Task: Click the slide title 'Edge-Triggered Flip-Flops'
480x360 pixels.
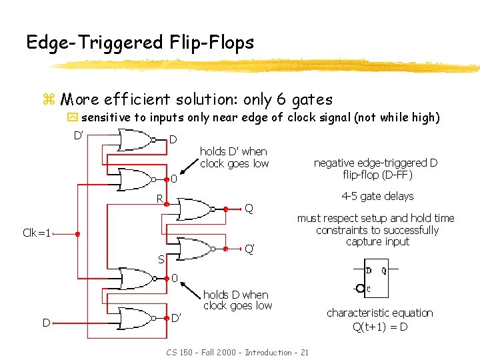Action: point(140,43)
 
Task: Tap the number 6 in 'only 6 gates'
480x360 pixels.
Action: point(281,100)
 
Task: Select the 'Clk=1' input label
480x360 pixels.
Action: point(37,233)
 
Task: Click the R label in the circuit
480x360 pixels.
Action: point(160,198)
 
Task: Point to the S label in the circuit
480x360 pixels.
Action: point(161,259)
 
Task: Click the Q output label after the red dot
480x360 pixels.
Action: point(249,208)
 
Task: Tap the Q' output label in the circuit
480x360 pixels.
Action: point(249,249)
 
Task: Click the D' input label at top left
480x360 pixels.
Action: point(78,136)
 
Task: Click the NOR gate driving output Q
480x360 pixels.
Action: point(194,209)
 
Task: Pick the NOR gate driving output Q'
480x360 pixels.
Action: point(194,249)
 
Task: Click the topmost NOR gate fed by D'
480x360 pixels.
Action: point(135,140)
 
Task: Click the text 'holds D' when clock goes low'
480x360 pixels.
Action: point(234,158)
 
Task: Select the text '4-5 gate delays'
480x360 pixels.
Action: point(377,196)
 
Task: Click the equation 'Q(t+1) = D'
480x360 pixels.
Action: point(380,327)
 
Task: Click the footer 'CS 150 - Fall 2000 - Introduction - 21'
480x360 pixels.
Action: point(236,352)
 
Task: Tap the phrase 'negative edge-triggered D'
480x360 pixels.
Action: point(375,163)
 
